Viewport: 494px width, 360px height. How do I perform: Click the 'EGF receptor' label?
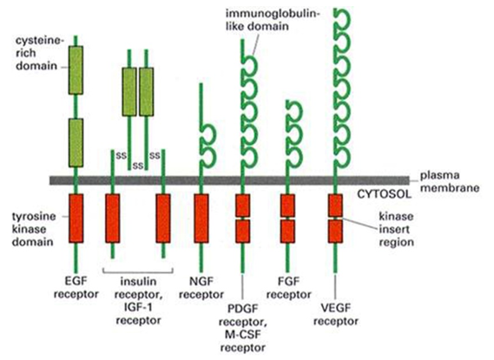[x=76, y=288]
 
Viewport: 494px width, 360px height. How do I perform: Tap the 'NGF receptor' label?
[x=201, y=288]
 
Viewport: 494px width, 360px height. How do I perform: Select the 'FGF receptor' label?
[x=289, y=288]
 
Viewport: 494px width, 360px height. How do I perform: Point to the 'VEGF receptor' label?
[x=336, y=314]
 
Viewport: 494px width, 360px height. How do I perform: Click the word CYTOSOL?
[x=384, y=193]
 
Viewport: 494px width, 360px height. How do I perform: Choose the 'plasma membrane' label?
[x=450, y=181]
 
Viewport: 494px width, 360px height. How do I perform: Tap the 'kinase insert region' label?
[x=397, y=229]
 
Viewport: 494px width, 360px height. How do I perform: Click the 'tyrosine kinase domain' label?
[x=34, y=229]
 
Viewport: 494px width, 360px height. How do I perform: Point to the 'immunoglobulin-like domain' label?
[x=273, y=20]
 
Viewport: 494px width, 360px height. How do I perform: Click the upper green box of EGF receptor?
[x=76, y=70]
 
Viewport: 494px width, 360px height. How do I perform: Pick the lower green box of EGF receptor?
[x=76, y=142]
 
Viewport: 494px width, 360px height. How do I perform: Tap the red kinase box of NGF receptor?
[x=201, y=219]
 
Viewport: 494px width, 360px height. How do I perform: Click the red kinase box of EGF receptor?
[x=76, y=219]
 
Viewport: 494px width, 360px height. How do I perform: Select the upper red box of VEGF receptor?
[x=335, y=206]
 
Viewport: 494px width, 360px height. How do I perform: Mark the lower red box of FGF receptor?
[x=287, y=232]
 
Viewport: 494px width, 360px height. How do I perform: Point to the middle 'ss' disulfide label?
[x=138, y=165]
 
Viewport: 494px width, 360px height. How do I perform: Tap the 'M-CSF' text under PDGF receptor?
[x=243, y=334]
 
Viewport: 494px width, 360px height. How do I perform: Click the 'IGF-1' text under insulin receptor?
[x=138, y=307]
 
